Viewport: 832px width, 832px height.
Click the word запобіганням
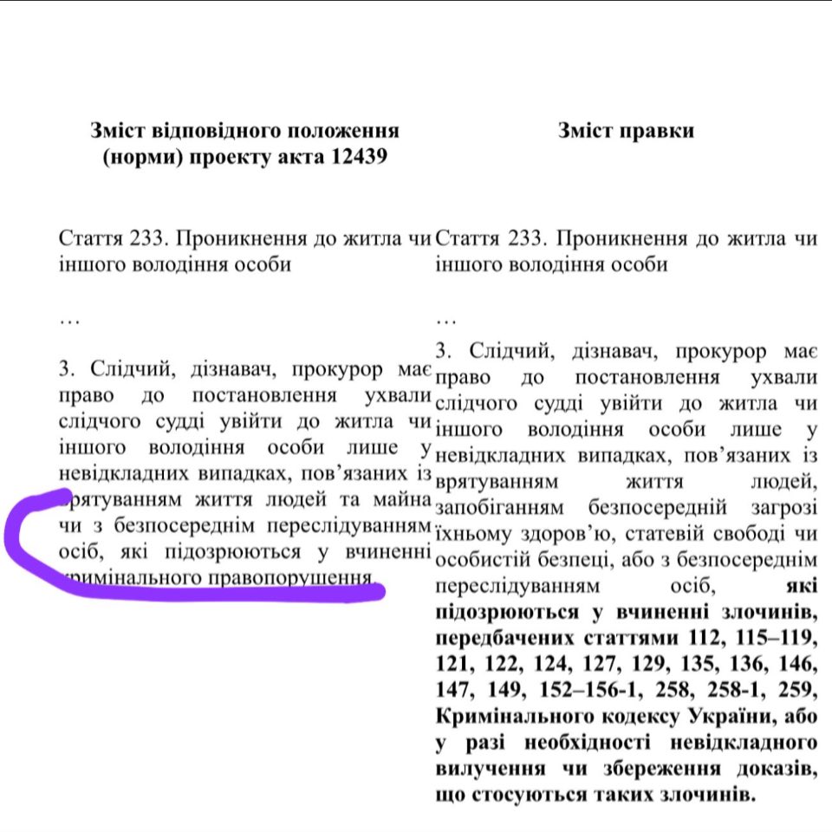[499, 507]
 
